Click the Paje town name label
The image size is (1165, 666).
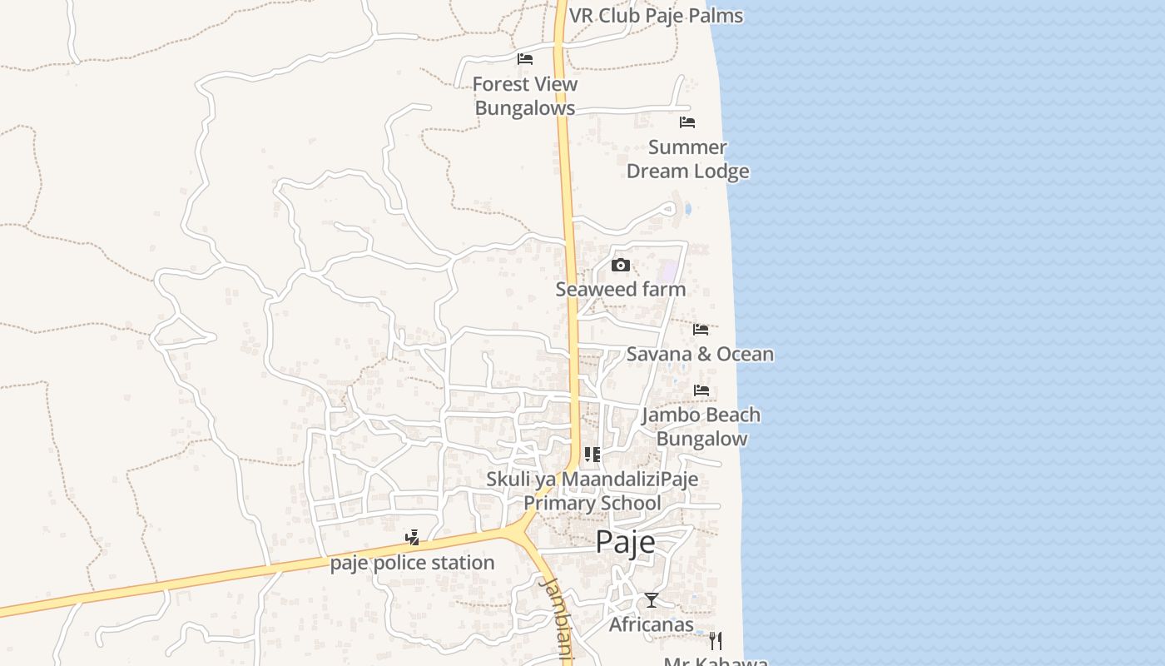tap(625, 542)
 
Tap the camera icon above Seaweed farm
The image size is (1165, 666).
tap(620, 266)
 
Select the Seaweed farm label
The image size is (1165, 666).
tap(620, 290)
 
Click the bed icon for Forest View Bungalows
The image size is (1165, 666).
tap(524, 59)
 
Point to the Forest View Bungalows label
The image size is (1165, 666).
tap(524, 96)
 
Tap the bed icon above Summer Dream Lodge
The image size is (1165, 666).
tap(687, 122)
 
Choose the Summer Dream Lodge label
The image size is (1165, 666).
tap(687, 159)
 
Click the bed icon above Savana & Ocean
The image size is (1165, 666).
tap(701, 330)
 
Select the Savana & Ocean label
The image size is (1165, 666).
tap(699, 354)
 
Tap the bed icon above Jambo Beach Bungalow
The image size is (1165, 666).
tap(701, 390)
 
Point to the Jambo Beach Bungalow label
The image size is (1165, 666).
tap(701, 426)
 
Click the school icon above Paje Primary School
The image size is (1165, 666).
tap(592, 455)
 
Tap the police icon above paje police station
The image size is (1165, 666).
tap(412, 538)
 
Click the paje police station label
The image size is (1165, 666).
tap(412, 563)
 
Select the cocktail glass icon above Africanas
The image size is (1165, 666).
tap(651, 600)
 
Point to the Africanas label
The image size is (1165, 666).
tap(651, 624)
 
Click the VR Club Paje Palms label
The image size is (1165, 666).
tap(656, 16)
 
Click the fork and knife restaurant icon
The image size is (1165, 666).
tap(715, 640)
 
